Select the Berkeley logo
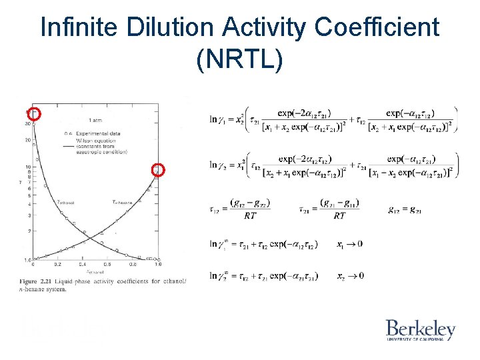(420, 329)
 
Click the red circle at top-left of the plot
(35, 114)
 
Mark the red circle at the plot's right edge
(158, 169)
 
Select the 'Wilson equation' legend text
(99, 139)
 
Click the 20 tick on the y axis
(29, 140)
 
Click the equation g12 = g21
(404, 209)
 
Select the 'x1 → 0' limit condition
(350, 244)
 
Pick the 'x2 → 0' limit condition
(350, 275)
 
